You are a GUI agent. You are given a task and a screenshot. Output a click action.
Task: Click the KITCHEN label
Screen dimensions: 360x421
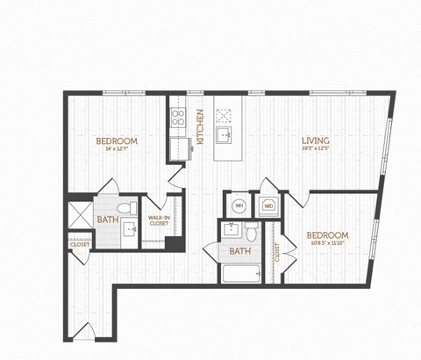(200, 126)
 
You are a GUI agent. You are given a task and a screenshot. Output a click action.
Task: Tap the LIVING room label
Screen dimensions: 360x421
(316, 140)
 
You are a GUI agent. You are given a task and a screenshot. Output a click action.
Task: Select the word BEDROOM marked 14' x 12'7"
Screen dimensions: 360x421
(117, 140)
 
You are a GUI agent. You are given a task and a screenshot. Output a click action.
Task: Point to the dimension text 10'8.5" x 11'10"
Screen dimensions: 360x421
(327, 245)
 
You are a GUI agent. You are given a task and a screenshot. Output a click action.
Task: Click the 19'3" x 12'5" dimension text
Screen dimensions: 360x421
(316, 150)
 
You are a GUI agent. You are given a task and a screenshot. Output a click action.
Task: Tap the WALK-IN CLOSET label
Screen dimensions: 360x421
(159, 220)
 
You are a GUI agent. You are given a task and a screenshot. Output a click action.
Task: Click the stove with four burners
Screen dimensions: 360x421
(178, 117)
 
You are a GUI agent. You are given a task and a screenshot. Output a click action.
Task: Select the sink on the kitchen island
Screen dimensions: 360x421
(224, 134)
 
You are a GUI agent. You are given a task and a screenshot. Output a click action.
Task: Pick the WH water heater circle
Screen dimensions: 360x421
(239, 206)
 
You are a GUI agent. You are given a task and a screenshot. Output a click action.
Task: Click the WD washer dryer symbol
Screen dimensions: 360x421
(268, 206)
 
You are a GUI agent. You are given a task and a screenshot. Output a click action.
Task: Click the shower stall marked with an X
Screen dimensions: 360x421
(80, 214)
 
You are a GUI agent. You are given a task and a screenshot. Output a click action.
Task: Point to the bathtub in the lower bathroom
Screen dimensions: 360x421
(240, 274)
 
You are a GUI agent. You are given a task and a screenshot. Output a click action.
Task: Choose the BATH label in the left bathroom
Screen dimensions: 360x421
(107, 220)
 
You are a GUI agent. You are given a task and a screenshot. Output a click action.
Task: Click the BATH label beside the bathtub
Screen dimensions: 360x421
(239, 252)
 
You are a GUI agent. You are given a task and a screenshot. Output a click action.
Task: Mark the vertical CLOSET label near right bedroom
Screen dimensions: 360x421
(277, 253)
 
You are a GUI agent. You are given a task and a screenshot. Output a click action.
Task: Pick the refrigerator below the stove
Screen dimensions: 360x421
(181, 146)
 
